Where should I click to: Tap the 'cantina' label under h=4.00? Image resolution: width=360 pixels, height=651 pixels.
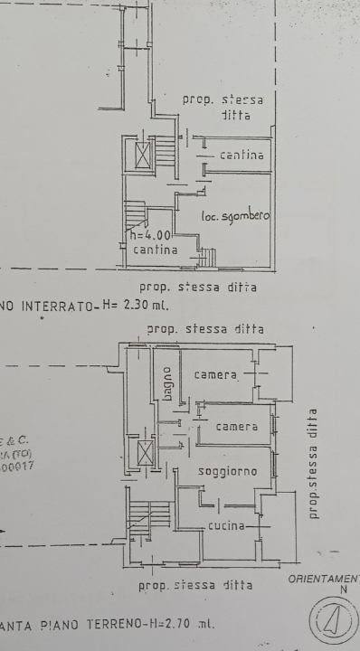(x=156, y=249)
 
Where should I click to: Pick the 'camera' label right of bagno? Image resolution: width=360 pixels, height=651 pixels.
(x=215, y=375)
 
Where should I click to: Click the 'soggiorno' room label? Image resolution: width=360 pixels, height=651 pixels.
(x=228, y=472)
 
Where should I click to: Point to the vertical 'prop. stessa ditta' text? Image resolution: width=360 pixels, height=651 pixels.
(x=313, y=463)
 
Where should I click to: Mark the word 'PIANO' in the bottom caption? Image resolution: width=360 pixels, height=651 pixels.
(x=64, y=625)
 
